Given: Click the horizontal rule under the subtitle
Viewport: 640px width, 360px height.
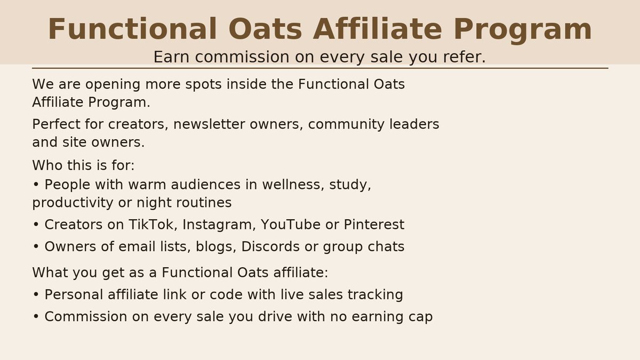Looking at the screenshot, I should tap(320, 68).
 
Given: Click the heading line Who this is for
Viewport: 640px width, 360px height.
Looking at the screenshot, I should tap(83, 165).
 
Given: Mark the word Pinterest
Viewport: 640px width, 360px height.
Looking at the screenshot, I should tap(374, 225).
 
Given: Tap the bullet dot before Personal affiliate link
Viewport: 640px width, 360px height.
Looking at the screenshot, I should tap(36, 295).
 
